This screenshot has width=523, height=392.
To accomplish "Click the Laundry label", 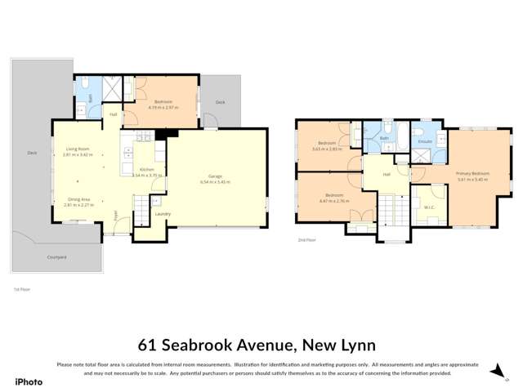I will point(162,214).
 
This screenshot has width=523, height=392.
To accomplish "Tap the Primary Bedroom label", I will point(472,173).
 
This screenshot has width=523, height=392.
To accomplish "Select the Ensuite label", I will point(424,141).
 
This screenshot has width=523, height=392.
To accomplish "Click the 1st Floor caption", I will point(21,289).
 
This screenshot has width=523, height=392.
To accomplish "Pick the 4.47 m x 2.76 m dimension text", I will point(334,200).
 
